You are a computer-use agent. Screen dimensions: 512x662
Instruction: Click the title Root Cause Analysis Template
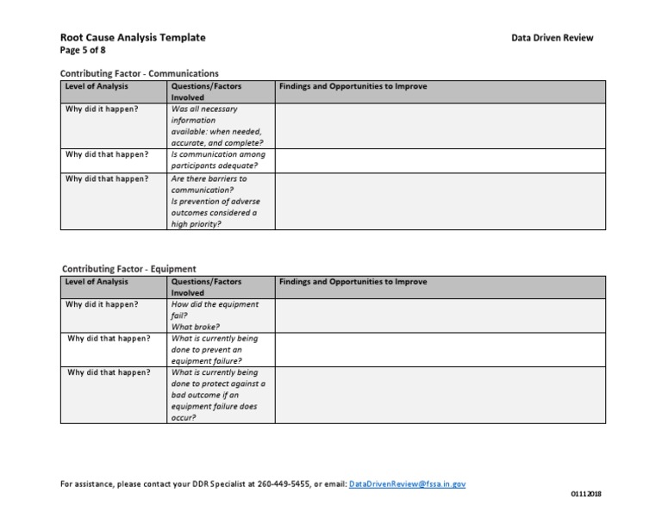[133, 38]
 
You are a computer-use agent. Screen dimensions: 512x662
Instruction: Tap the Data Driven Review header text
[552, 38]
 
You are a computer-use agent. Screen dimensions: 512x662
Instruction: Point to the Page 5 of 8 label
[83, 50]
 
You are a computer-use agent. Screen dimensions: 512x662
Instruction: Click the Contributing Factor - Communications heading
[140, 74]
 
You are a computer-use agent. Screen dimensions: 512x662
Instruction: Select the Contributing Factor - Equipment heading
[128, 269]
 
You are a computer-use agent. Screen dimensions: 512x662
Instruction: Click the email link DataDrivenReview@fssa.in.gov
[408, 484]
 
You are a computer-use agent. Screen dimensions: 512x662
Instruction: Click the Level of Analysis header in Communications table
[96, 86]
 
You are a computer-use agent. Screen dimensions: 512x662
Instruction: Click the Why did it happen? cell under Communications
[102, 109]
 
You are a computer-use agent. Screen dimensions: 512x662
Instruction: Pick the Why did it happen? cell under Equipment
[102, 304]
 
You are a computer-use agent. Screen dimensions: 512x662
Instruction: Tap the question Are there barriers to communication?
[209, 184]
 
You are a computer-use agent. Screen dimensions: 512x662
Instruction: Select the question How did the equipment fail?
[214, 309]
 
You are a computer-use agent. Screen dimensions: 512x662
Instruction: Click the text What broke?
[195, 327]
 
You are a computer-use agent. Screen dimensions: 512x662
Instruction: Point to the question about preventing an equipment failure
[214, 350]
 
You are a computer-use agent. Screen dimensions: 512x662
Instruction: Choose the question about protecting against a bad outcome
[218, 395]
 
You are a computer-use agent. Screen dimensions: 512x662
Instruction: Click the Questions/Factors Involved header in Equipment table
[206, 287]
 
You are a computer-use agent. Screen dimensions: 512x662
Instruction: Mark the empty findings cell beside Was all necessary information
[440, 126]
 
